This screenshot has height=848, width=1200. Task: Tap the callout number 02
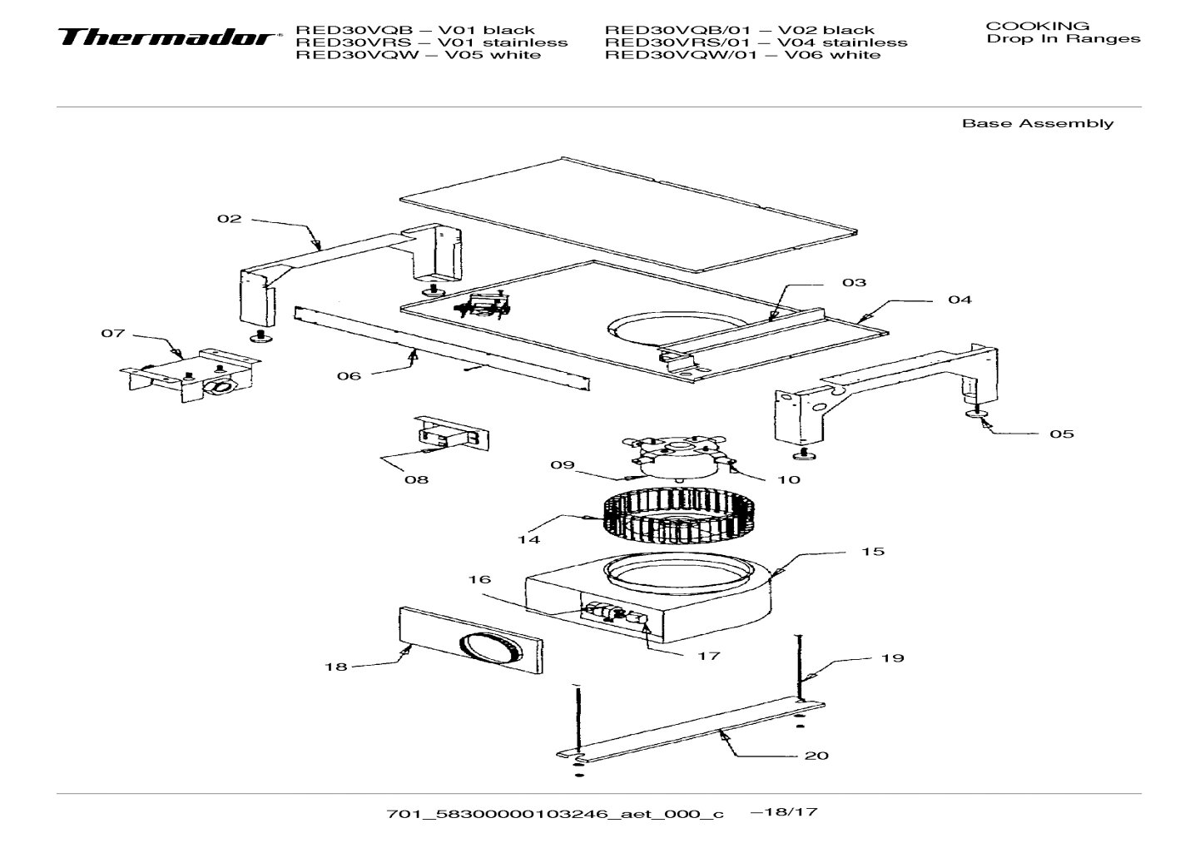(x=229, y=219)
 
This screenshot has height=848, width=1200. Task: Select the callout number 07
(x=113, y=334)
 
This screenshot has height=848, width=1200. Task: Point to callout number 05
(x=1061, y=434)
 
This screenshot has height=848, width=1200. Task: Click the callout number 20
(x=816, y=756)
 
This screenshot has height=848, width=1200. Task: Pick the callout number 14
(x=528, y=539)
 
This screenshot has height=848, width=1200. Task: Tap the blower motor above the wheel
(x=678, y=458)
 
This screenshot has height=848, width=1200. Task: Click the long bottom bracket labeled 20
(x=691, y=732)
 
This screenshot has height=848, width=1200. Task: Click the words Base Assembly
(x=1037, y=124)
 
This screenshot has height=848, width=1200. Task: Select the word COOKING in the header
(x=1037, y=26)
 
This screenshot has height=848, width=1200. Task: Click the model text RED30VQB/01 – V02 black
(x=739, y=30)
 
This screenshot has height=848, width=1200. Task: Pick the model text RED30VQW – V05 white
(x=418, y=55)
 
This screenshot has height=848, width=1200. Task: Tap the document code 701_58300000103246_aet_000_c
(x=555, y=814)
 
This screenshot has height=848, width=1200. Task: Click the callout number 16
(x=479, y=579)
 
